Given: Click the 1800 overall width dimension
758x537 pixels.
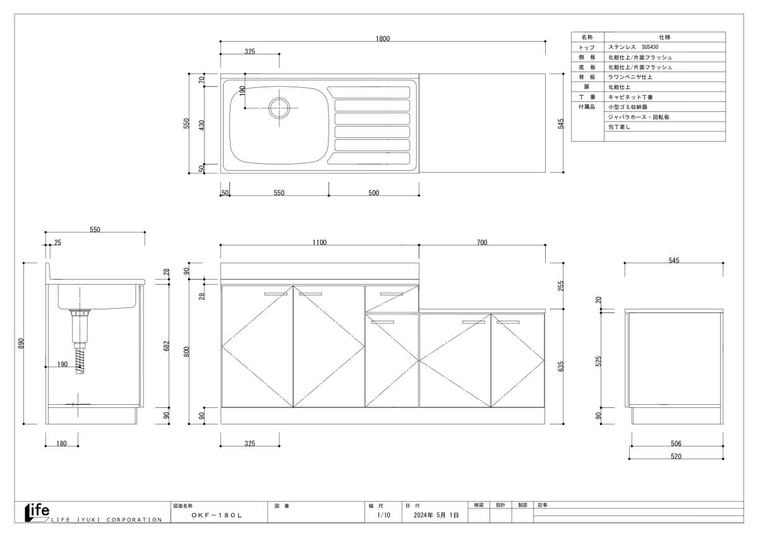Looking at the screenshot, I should point(383,39).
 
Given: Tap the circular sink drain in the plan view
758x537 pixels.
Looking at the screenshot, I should point(279,108).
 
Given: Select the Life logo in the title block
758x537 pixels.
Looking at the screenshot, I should point(36,510).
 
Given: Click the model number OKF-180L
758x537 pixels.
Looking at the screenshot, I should point(217,515).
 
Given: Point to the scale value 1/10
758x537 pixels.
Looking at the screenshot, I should point(383,515).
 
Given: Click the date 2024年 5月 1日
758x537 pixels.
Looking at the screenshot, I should point(436,515).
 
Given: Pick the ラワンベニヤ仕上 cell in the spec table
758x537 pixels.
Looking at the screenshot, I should point(630,77).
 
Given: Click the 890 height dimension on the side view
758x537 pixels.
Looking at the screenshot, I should point(21,343).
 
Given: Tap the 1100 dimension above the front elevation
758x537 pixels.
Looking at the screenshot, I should point(319,243).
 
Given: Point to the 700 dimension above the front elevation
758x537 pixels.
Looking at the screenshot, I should point(482,243).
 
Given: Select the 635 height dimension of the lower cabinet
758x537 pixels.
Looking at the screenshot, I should point(561,366).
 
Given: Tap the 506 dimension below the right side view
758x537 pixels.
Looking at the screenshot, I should point(676,444).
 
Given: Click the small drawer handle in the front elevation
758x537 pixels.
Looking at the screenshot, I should point(392,293).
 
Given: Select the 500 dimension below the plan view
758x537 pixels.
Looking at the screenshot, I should point(373,193).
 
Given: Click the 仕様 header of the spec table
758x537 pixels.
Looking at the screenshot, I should point(665,37).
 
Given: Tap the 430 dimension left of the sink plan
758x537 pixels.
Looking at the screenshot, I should point(202,125).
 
